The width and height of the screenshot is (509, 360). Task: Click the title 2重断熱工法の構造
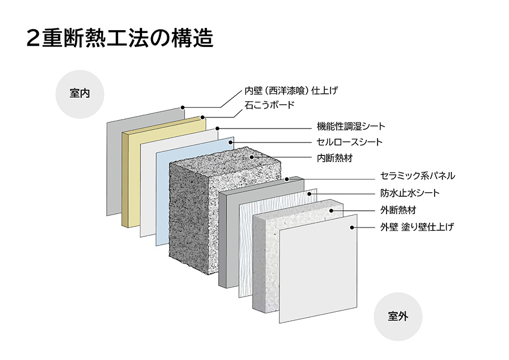[120, 39]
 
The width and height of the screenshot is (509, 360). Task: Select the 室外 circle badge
[398, 316]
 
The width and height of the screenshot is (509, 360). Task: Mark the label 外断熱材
[398, 211]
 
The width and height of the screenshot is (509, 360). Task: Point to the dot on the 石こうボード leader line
[203, 118]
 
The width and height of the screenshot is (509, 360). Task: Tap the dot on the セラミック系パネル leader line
[286, 179]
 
